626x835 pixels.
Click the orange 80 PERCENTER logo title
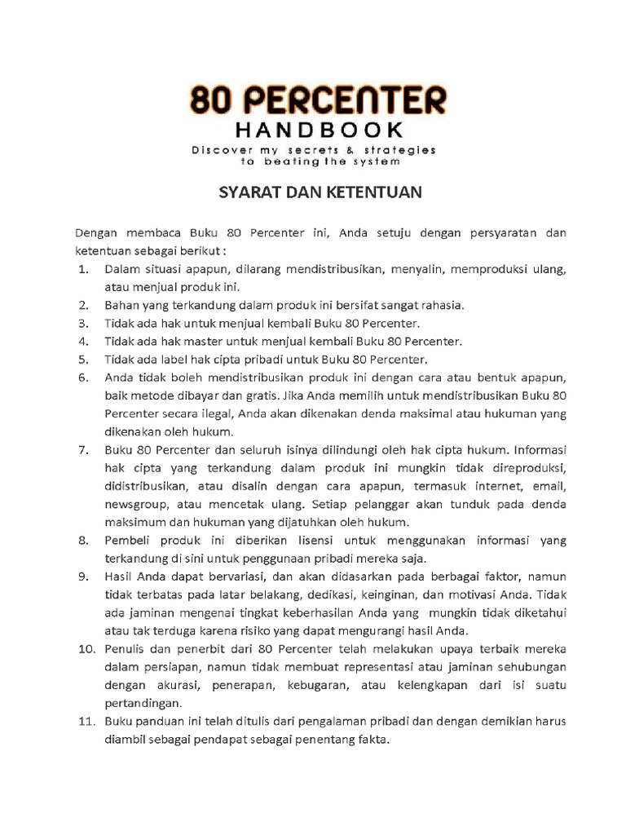coord(318,99)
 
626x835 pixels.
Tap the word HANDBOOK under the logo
coord(318,130)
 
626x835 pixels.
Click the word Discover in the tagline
coord(219,150)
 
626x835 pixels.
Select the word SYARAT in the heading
coord(245,193)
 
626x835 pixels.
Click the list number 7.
coord(82,449)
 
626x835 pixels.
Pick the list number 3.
coord(82,324)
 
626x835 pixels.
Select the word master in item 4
coord(211,341)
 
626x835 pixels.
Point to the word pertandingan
coord(143,703)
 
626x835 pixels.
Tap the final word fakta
coord(373,740)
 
